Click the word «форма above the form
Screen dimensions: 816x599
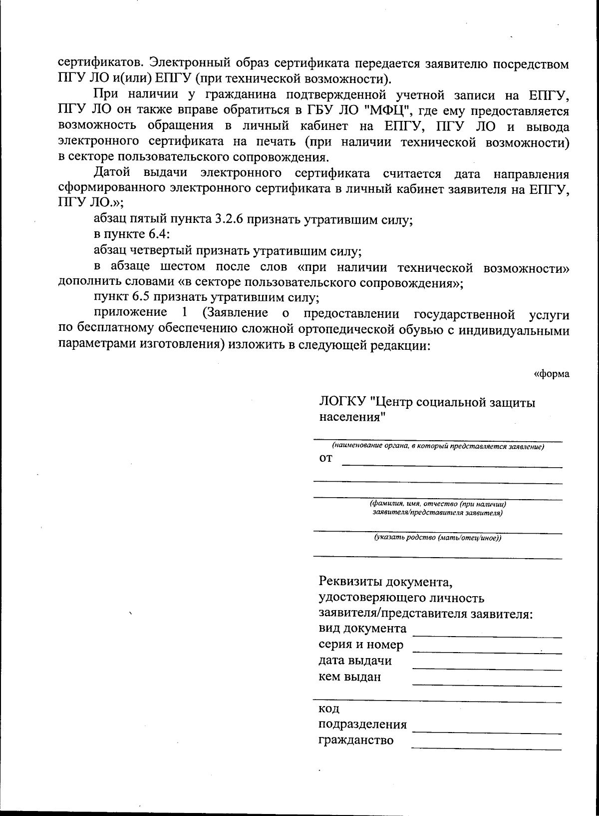[x=552, y=374]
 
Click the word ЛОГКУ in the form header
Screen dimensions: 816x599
[x=342, y=402]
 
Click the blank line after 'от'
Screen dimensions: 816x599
[x=452, y=464]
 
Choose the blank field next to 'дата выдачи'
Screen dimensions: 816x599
[x=487, y=666]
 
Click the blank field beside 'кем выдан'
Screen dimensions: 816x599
[x=487, y=682]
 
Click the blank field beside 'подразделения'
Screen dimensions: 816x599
[x=487, y=729]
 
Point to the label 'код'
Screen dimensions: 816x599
[x=329, y=709]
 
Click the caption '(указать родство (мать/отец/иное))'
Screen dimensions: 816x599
[x=438, y=538]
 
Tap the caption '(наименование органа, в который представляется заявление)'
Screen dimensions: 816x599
[x=438, y=446]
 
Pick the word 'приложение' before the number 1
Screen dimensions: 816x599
[x=130, y=313]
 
